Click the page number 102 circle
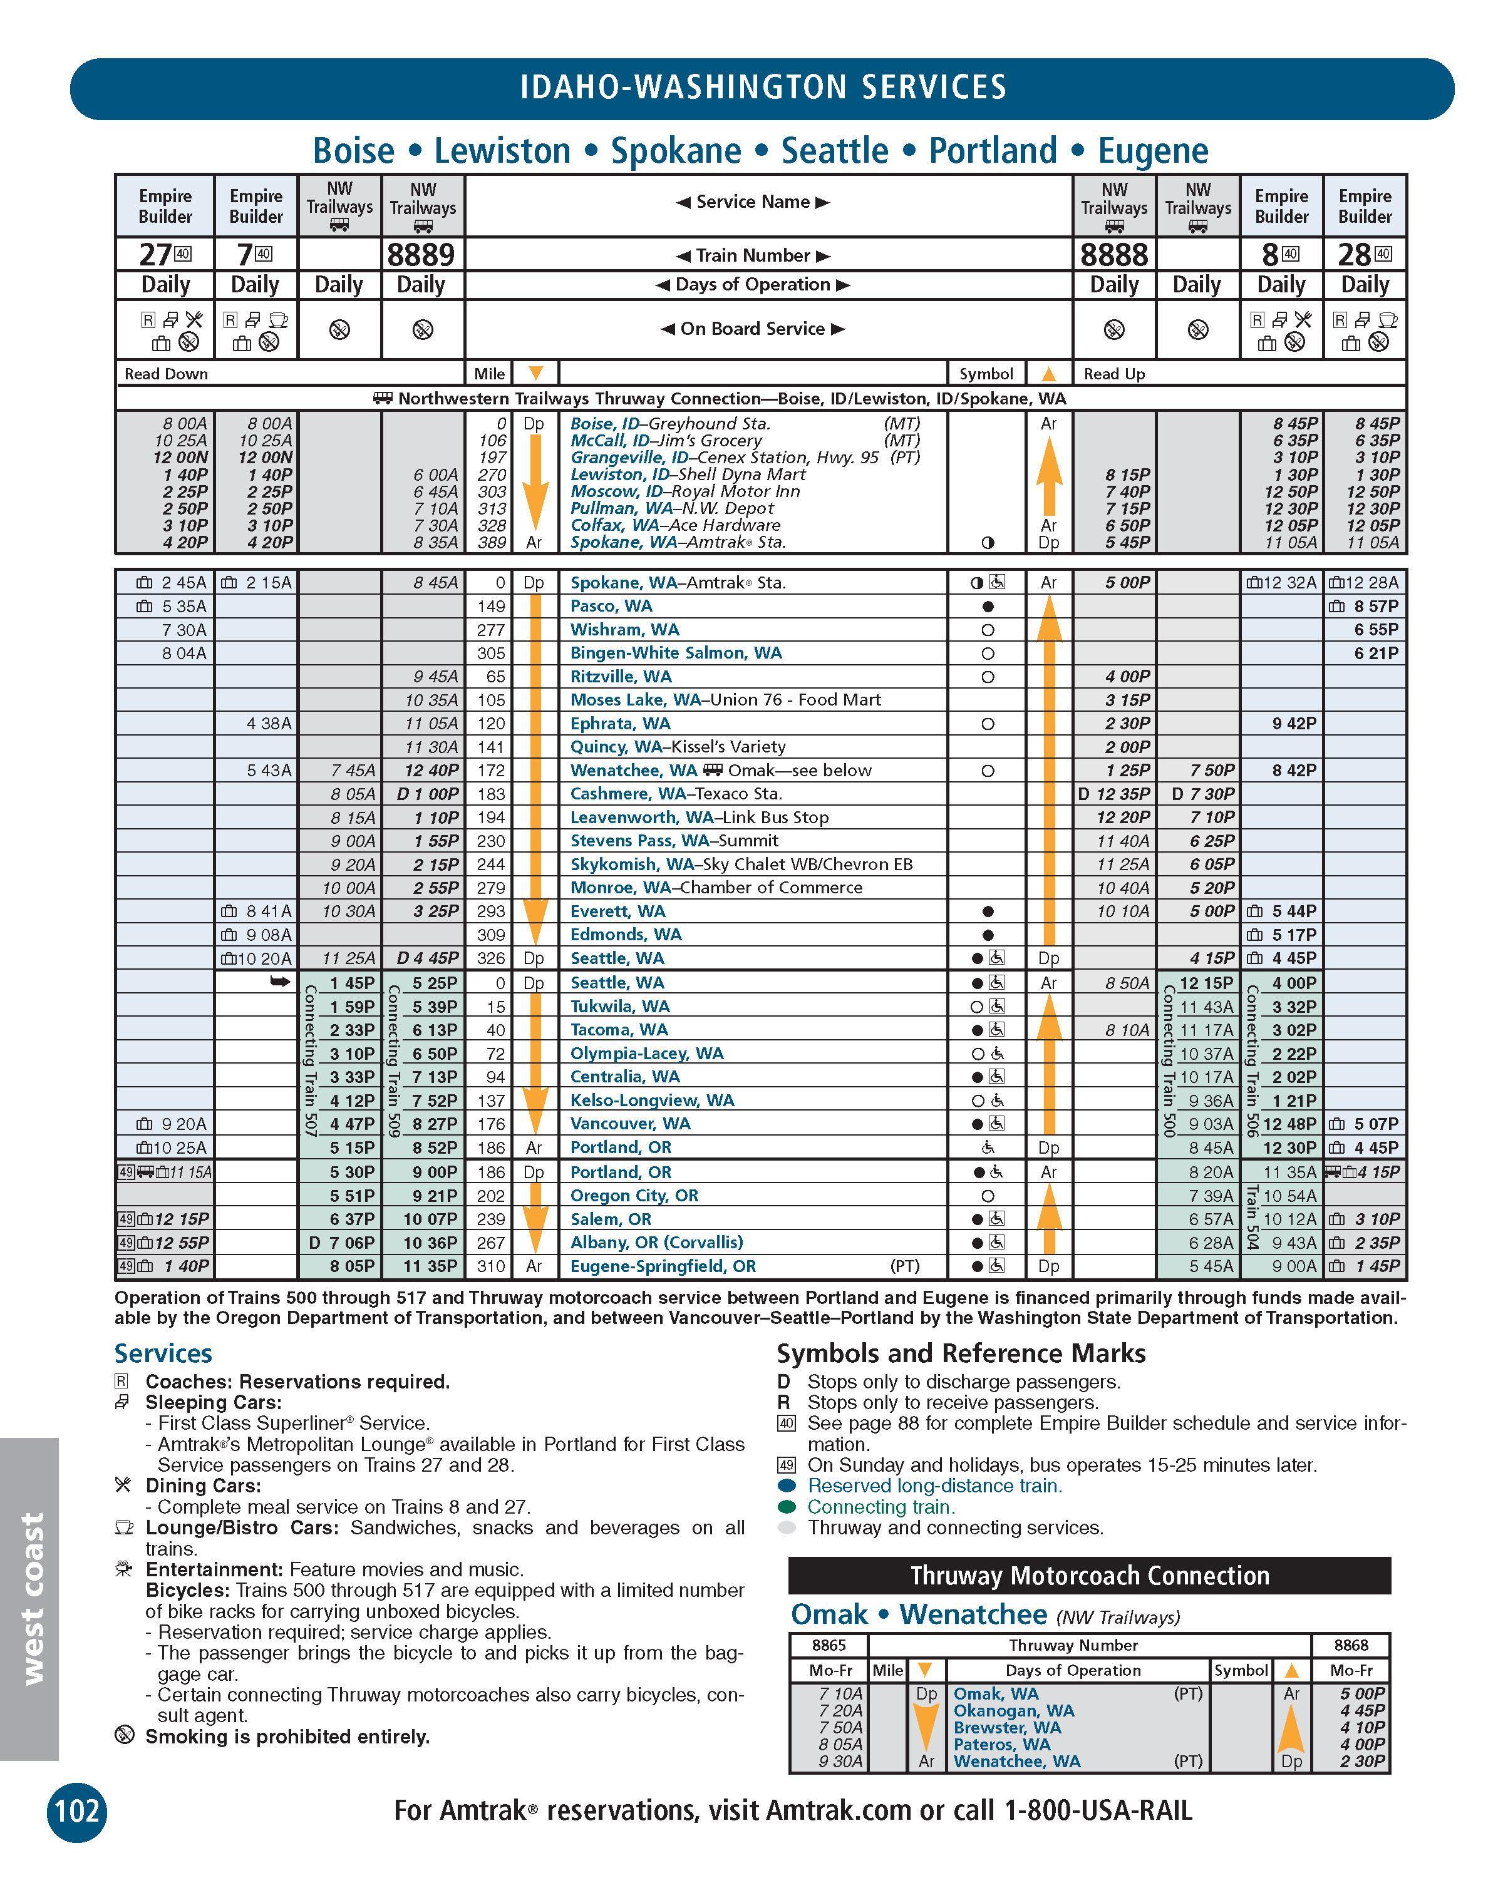click(x=76, y=1810)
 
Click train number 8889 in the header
click(x=421, y=255)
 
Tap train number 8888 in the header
click(x=1113, y=255)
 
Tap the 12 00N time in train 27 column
click(x=180, y=458)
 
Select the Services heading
click(x=163, y=1353)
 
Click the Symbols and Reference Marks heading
click(x=960, y=1353)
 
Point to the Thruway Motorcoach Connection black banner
click(x=1089, y=1575)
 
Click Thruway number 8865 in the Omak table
click(x=829, y=1645)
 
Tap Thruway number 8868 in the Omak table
click(x=1351, y=1645)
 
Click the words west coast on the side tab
click(x=31, y=1598)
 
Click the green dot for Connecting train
click(x=788, y=1507)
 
